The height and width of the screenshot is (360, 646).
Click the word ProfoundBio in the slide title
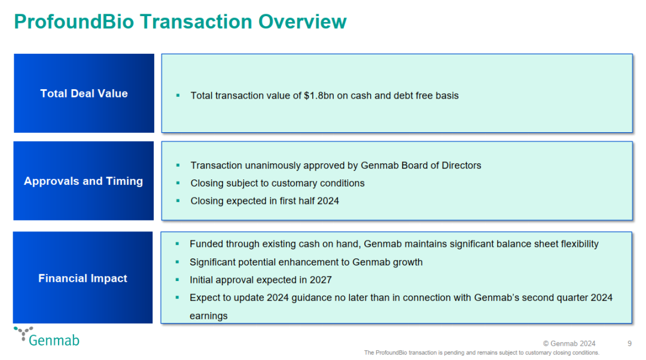coord(74,22)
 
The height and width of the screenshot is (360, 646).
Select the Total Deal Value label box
coord(84,93)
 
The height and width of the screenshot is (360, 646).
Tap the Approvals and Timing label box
coord(84,181)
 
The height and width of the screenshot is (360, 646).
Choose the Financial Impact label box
coord(83,277)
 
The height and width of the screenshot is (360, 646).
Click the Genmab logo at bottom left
coord(47,337)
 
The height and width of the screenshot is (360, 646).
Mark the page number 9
coord(629,343)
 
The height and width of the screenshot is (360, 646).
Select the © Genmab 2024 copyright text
coord(569,343)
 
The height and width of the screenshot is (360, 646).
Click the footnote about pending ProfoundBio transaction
coord(482,353)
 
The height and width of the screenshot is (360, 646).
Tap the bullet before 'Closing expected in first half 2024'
coord(178,201)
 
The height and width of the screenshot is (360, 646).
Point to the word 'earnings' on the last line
coord(209,316)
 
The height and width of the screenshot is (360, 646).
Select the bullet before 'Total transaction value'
coord(178,96)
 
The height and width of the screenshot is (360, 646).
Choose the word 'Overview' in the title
coord(303,22)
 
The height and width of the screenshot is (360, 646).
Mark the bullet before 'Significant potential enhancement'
coord(177,262)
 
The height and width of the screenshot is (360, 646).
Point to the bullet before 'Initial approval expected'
coord(177,280)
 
